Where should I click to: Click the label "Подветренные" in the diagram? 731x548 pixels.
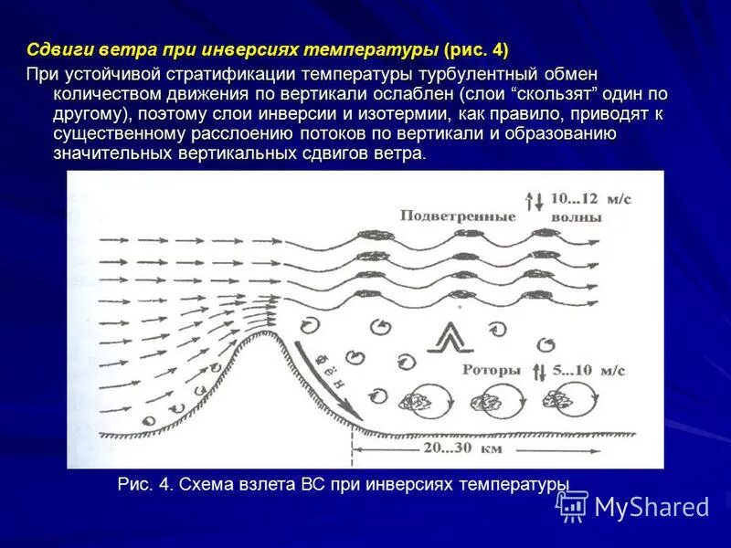[457, 216]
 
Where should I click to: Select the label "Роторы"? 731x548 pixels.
[491, 370]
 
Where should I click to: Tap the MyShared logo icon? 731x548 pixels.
[573, 505]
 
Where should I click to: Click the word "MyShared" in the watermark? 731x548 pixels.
[652, 507]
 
